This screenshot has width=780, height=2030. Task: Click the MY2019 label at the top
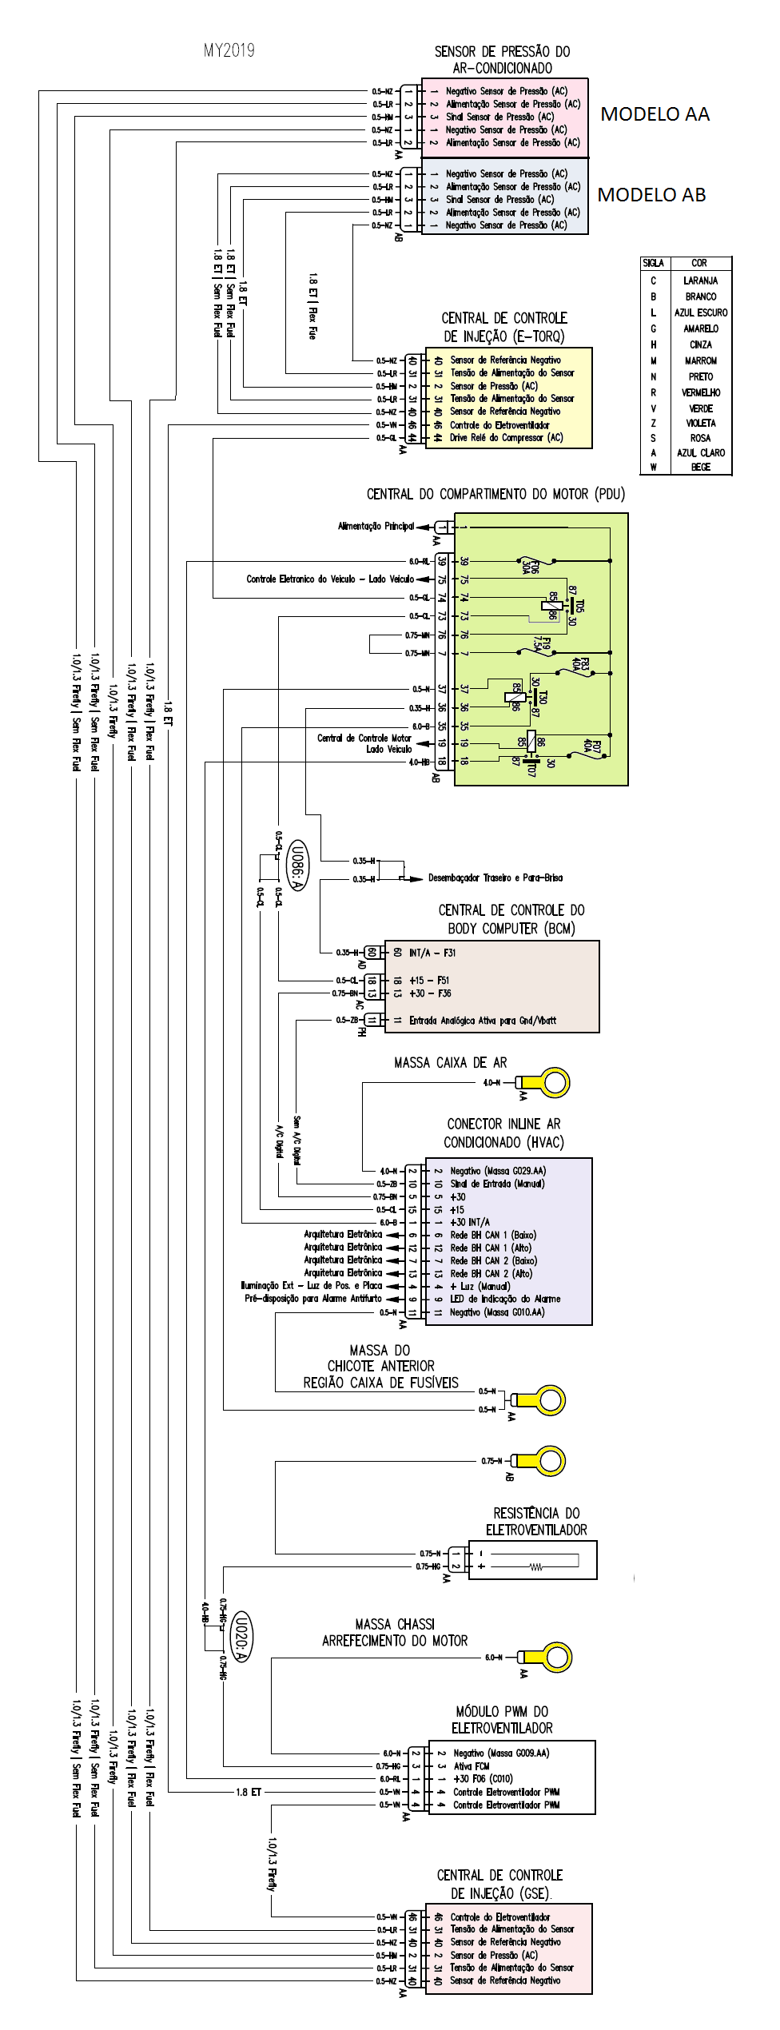pos(229,51)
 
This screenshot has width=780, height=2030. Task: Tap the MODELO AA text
pos(655,114)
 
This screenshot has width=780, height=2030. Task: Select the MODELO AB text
pos(651,195)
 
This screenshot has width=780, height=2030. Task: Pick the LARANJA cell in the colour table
pos(700,281)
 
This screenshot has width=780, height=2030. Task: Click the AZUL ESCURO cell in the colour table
pos(700,312)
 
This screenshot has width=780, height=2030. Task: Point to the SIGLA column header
pos(653,263)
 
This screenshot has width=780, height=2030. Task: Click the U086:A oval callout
pos(296,866)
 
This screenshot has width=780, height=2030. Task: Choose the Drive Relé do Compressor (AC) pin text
pos(506,438)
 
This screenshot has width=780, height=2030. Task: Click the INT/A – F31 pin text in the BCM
pos(432,953)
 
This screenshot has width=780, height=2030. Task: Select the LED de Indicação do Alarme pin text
pos(505,1299)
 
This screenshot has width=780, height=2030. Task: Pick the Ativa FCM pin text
pos(472,1765)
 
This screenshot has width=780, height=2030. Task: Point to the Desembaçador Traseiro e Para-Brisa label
pos(495,878)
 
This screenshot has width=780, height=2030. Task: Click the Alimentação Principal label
pos(376,526)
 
